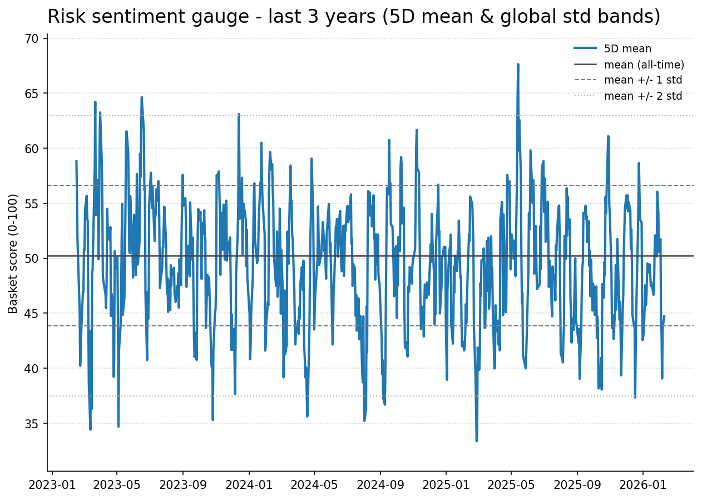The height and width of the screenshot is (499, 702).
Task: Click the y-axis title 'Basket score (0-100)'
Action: pyautogui.click(x=13, y=253)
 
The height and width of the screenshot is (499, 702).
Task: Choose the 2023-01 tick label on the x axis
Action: pyautogui.click(x=52, y=485)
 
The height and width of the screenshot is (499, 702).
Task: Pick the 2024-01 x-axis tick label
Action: pyautogui.click(x=249, y=485)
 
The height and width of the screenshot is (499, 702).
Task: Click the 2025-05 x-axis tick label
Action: pyautogui.click(x=511, y=485)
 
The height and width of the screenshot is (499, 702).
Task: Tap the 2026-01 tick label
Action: pyautogui.click(x=642, y=485)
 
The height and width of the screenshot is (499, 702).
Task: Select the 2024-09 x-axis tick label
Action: pyautogui.click(x=380, y=485)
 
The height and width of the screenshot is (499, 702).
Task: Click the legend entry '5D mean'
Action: pyautogui.click(x=627, y=49)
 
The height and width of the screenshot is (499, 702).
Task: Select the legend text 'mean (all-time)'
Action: pyautogui.click(x=644, y=65)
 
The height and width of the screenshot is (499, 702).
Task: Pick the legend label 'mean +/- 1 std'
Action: pyautogui.click(x=642, y=80)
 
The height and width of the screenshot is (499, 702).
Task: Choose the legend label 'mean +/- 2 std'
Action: pyautogui.click(x=642, y=96)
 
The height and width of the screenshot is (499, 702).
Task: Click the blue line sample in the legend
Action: pyautogui.click(x=585, y=49)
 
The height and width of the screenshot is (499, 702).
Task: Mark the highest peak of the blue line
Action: pyautogui.click(x=518, y=65)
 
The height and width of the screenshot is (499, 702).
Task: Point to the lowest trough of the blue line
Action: pyautogui.click(x=476, y=441)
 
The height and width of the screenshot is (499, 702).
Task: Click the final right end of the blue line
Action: pyautogui.click(x=664, y=316)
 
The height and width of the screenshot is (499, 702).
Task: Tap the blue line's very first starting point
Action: pyautogui.click(x=76, y=162)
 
